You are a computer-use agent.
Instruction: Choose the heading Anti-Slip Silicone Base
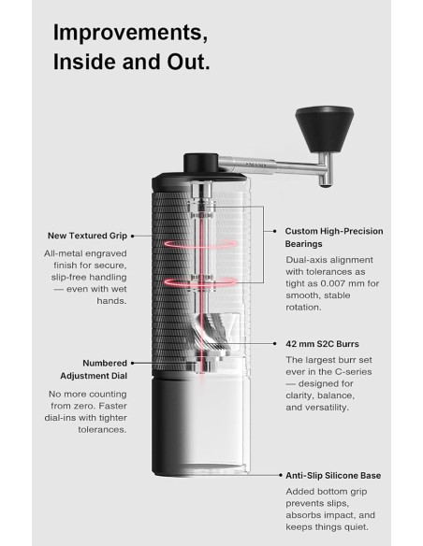pyautogui.click(x=332, y=475)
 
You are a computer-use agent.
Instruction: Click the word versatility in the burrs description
pyautogui.click(x=335, y=408)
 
